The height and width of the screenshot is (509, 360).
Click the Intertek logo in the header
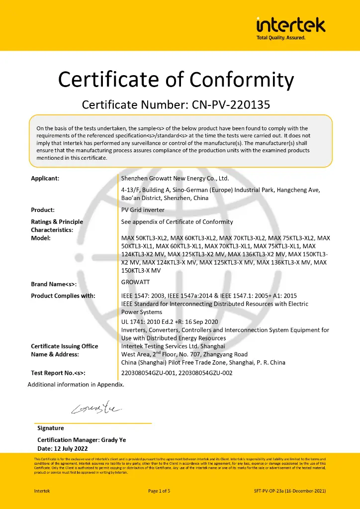tap(290, 24)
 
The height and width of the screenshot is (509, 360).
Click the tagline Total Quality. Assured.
tap(280, 38)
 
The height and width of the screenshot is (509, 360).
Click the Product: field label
tap(43, 210)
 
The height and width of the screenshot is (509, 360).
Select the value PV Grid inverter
tap(143, 210)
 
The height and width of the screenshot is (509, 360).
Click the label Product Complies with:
tap(67, 296)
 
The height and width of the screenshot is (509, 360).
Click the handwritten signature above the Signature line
tap(95, 409)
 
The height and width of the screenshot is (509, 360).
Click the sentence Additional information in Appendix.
tap(76, 384)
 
